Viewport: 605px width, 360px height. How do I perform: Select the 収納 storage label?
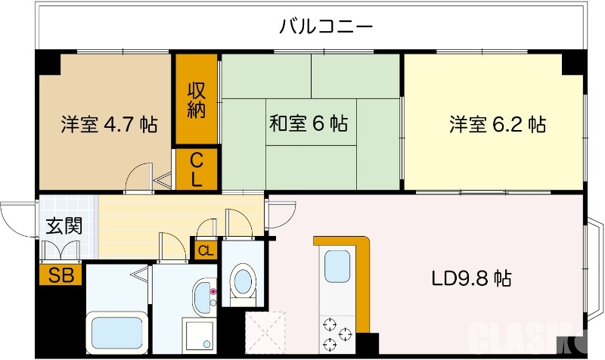click(x=197, y=99)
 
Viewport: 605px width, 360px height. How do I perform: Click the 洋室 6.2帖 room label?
click(x=497, y=124)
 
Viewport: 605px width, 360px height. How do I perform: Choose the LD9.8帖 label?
click(x=471, y=278)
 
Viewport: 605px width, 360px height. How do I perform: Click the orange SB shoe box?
click(x=60, y=275)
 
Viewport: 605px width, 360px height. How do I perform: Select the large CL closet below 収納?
click(x=197, y=169)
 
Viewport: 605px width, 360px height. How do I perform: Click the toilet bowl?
click(x=243, y=281)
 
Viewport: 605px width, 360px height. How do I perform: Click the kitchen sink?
click(x=337, y=266)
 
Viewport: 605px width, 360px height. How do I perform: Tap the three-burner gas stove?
click(x=337, y=335)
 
